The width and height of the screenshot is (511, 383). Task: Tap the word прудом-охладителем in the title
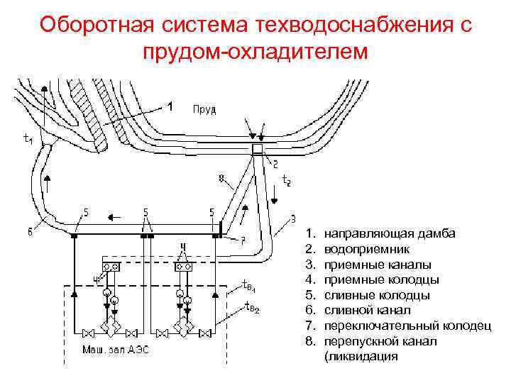(x=255, y=52)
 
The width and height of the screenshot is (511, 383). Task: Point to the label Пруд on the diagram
(x=204, y=109)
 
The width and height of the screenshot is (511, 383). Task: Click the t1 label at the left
(x=28, y=140)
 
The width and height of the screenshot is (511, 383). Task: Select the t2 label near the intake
(x=286, y=182)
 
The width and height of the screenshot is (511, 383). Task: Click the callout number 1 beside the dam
(x=169, y=107)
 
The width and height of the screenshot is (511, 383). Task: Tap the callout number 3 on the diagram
(x=294, y=218)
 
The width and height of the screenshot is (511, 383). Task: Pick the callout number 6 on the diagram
(x=30, y=231)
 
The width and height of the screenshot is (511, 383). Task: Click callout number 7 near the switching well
(x=242, y=239)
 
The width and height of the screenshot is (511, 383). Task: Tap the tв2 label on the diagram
(x=251, y=307)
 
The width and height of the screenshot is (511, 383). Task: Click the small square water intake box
(x=257, y=149)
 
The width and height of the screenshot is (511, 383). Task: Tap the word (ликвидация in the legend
(x=361, y=357)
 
